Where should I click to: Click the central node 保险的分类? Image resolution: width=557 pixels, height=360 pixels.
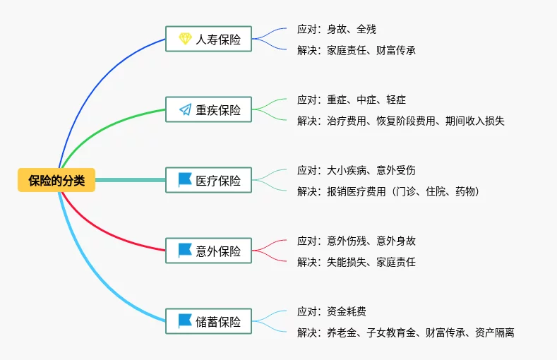[x=56, y=180]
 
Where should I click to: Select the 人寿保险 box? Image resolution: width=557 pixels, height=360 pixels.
[x=208, y=39]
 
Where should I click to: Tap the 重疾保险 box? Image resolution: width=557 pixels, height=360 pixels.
[x=208, y=109]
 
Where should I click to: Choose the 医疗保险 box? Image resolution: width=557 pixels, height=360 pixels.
[x=208, y=180]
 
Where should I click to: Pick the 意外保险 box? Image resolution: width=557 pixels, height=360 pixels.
[x=208, y=251]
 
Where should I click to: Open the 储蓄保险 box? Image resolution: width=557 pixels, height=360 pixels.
[x=208, y=321]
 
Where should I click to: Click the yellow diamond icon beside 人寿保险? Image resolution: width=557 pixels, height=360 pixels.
[x=185, y=39]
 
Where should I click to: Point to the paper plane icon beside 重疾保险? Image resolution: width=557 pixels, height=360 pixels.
[x=185, y=109]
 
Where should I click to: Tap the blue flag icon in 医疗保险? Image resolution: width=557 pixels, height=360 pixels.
[x=185, y=179]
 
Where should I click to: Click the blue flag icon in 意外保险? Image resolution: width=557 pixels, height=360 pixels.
[x=185, y=251]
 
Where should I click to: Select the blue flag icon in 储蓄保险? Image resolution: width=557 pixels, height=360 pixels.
[x=185, y=321]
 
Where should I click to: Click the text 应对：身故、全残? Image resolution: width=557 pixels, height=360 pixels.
[x=337, y=29]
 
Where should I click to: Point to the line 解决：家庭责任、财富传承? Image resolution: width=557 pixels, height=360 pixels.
[x=357, y=50]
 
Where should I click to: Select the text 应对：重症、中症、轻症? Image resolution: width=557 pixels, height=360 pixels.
[x=352, y=100]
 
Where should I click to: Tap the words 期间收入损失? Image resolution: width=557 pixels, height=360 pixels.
[x=475, y=121]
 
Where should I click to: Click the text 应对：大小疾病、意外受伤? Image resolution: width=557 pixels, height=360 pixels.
[x=357, y=170]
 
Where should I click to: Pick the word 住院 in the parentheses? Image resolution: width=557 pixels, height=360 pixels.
[x=436, y=192]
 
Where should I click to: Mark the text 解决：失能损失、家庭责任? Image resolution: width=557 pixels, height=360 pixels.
[x=357, y=263]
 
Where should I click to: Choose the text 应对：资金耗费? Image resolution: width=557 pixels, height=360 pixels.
[x=331, y=312]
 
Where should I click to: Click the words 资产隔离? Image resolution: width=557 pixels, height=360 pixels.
[x=494, y=333]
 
